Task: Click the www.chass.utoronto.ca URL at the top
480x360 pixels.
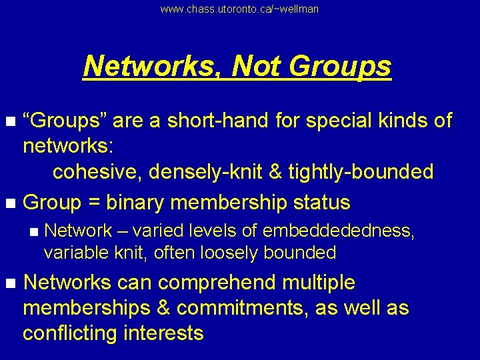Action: pyautogui.click(x=239, y=9)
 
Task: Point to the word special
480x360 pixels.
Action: pyautogui.click(x=332, y=121)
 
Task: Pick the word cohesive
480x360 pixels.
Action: pyautogui.click(x=97, y=171)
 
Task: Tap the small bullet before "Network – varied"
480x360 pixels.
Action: pyautogui.click(x=35, y=231)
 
